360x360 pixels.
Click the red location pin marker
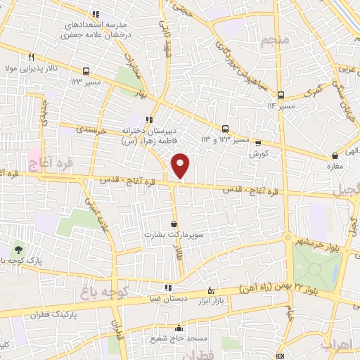pos(181,165)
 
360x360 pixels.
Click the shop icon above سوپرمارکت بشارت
pos(174,224)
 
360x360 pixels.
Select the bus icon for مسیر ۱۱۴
pos(281,96)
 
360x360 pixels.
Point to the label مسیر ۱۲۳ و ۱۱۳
pos(225,139)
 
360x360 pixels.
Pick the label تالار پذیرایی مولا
pos(28,69)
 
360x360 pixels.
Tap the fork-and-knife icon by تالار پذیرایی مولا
pos(31,58)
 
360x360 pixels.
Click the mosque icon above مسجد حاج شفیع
pos(179,328)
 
